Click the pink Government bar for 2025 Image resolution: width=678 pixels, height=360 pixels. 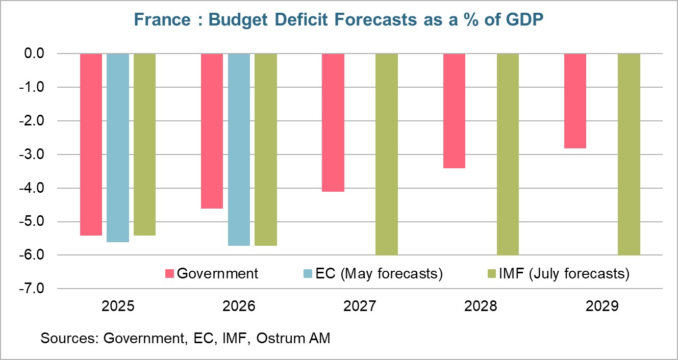(x=91, y=144)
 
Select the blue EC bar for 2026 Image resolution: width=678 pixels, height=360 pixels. (x=239, y=149)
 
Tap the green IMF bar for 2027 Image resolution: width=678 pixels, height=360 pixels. (x=386, y=154)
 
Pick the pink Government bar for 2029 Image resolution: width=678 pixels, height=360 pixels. (x=575, y=101)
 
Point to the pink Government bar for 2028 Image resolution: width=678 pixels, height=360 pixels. (x=454, y=111)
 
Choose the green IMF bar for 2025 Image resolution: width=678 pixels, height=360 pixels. (x=144, y=144)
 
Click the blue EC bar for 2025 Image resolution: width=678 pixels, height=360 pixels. (x=118, y=148)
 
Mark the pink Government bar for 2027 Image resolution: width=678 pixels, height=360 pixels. (x=333, y=122)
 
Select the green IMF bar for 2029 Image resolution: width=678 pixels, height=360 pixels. (x=629, y=154)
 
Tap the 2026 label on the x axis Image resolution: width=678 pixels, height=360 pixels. (x=239, y=306)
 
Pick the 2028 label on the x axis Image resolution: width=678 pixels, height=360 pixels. (x=481, y=306)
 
